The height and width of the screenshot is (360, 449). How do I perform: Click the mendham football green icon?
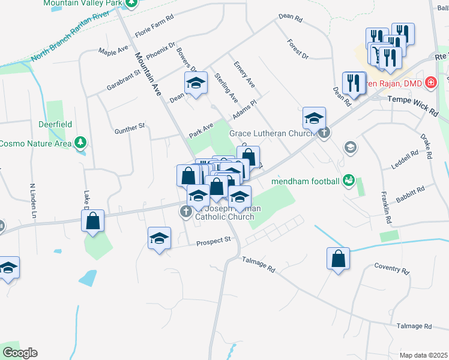tap(348, 181)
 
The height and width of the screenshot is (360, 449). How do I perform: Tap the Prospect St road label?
tap(214, 240)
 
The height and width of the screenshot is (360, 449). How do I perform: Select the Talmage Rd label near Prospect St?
tap(258, 264)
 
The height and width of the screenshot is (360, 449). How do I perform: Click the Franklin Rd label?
tap(386, 207)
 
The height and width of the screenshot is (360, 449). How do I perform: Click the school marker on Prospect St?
tap(160, 238)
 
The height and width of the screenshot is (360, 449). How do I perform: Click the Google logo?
tap(19, 353)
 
